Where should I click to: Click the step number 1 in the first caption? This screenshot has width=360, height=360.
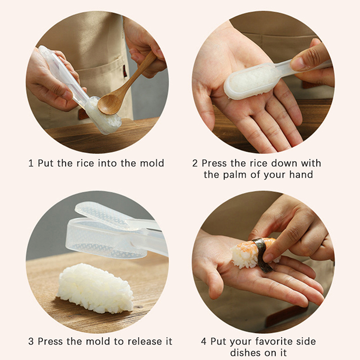pos(31,163)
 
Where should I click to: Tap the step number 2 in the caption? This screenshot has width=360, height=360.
pos(195,163)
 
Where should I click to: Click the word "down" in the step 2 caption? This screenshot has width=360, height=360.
pos(285,163)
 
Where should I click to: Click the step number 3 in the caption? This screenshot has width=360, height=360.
pos(31,342)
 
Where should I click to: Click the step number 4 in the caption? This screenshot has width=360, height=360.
pos(204,342)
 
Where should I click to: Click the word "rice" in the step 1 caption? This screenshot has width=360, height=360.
pos(85,163)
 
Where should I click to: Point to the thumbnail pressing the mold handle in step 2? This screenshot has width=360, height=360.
pos(296,63)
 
